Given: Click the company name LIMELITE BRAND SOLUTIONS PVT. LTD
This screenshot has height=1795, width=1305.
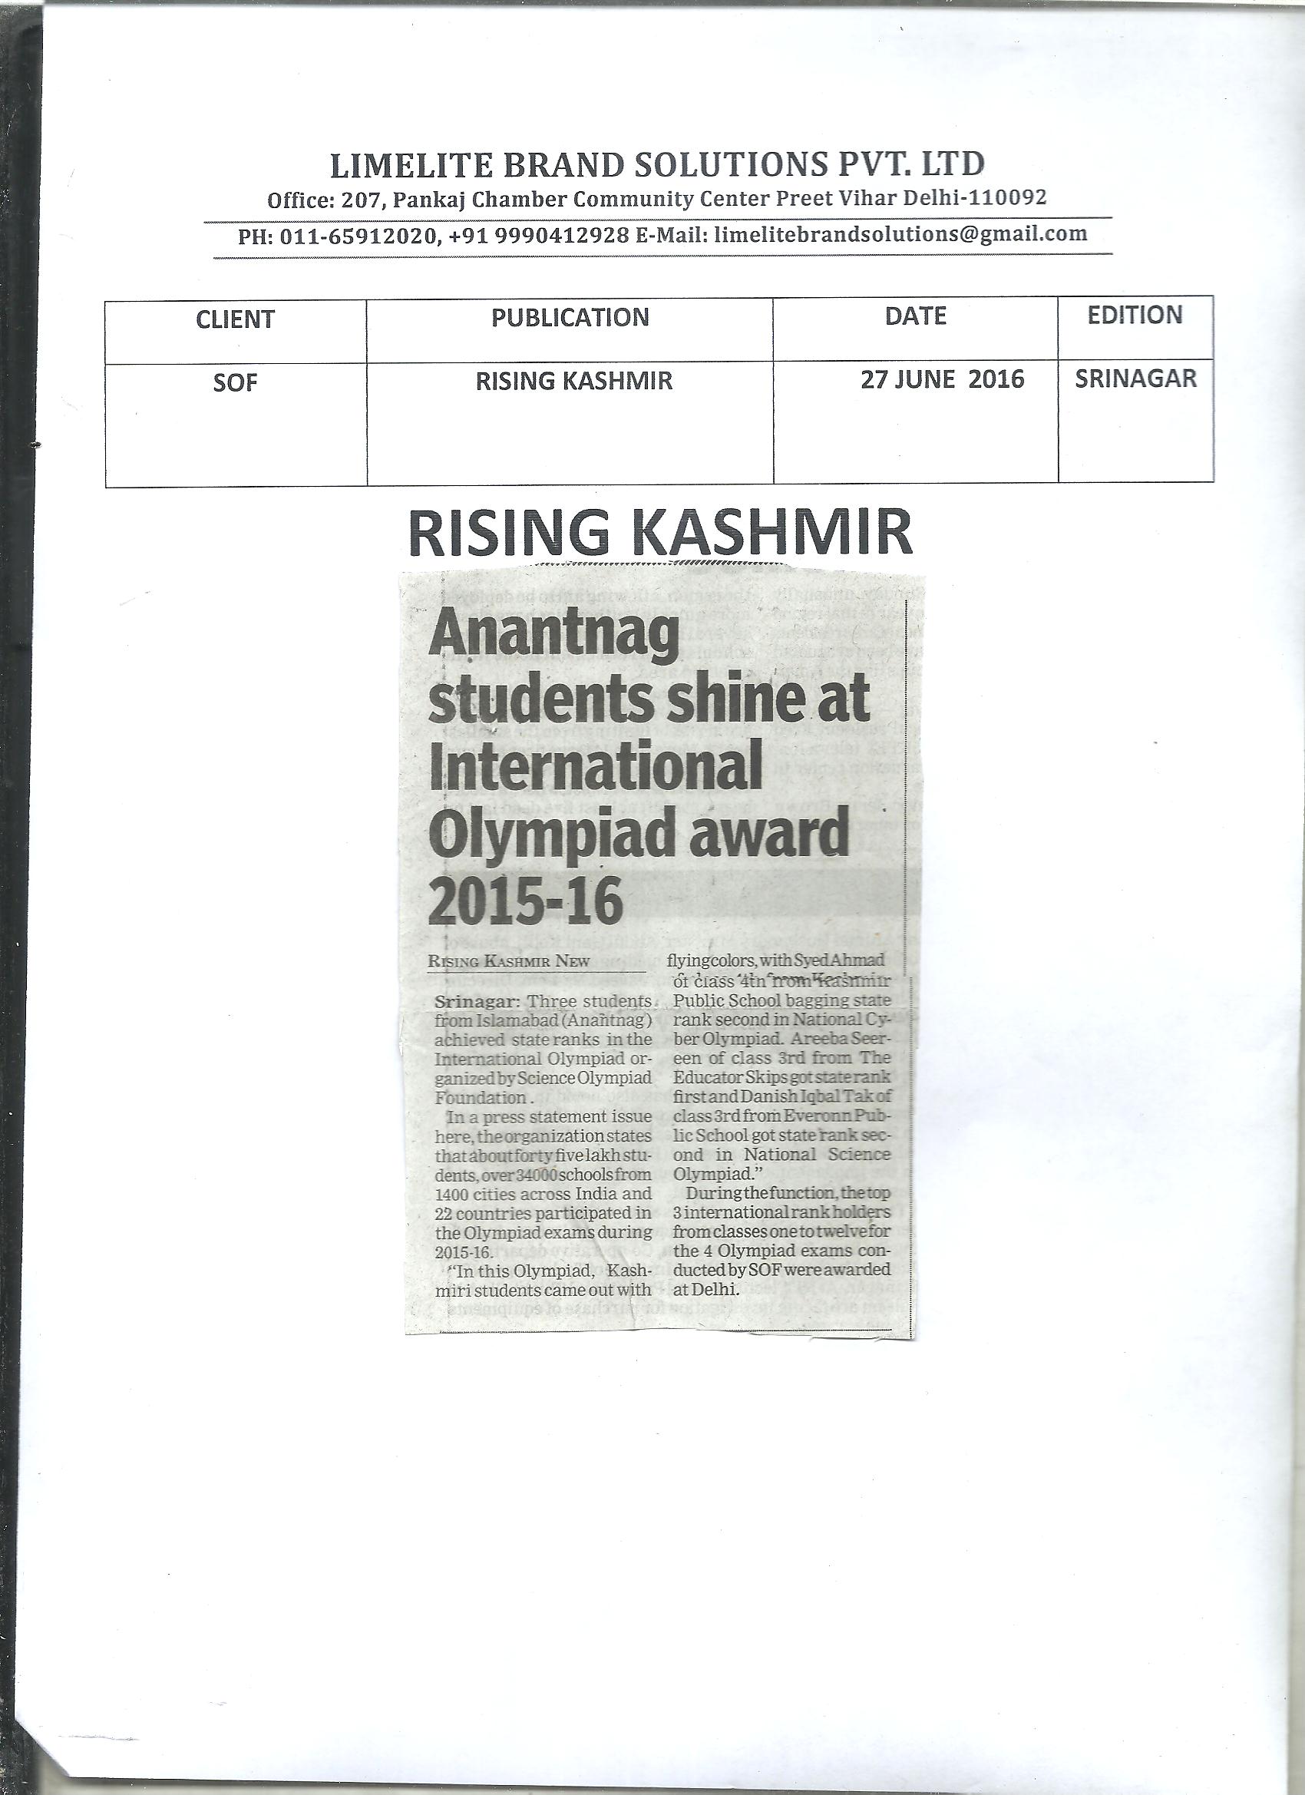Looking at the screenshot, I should point(657,164).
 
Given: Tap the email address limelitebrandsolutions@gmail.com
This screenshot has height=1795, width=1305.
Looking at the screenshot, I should point(900,234).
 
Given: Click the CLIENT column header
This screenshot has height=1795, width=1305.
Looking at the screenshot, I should point(235,319).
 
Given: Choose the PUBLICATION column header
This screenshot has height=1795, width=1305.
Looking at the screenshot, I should point(570,317).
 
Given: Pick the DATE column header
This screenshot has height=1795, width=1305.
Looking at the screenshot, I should point(916,316).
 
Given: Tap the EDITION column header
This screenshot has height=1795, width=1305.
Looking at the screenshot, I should point(1135,315).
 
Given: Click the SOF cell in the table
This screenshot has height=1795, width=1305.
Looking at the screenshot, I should point(235,384).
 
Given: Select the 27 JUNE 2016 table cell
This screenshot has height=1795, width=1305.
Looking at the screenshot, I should point(942,380).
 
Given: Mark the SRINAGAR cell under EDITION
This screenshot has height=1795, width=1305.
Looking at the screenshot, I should point(1135,379).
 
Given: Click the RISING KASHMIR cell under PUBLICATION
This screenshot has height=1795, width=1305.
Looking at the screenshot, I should point(573,382).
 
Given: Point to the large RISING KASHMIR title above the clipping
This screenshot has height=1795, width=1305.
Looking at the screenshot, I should point(660,534).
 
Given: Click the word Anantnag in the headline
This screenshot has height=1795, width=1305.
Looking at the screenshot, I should point(554,640).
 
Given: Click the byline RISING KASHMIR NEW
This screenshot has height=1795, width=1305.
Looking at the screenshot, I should point(509,961).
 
